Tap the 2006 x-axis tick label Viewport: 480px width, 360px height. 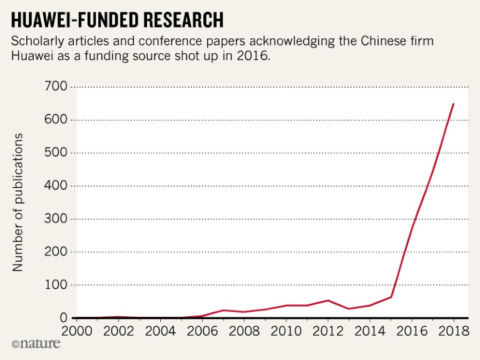pos(202,331)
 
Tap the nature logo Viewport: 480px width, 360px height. pos(36,343)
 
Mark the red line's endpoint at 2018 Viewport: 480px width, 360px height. pos(454,103)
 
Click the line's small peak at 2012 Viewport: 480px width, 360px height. pos(327,301)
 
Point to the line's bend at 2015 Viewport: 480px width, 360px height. pos(391,297)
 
